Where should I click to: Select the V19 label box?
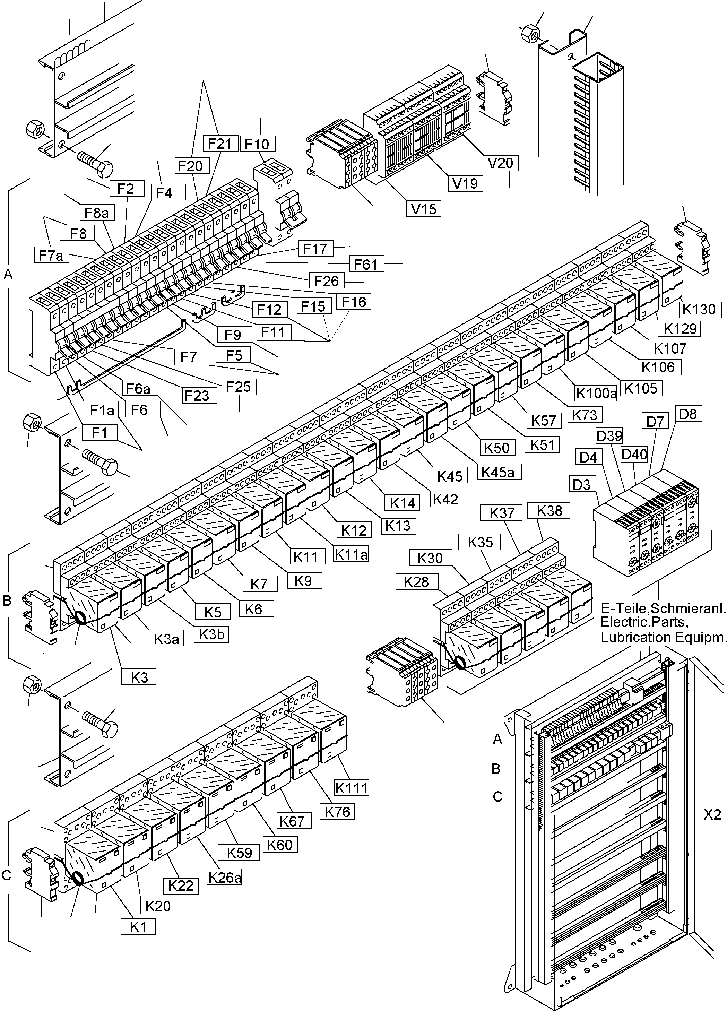pyautogui.click(x=465, y=183)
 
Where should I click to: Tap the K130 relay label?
pyautogui.click(x=699, y=309)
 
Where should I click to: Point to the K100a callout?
pyautogui.click(x=596, y=393)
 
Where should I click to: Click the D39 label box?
pyautogui.click(x=609, y=435)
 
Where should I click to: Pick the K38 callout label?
pyautogui.click(x=549, y=510)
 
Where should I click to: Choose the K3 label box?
pyautogui.click(x=139, y=677)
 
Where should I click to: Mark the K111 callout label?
pyautogui.click(x=352, y=788)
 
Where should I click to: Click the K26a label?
pyautogui.click(x=225, y=877)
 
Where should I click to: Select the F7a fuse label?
pyautogui.click(x=51, y=256)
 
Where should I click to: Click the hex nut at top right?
pyautogui.click(x=529, y=33)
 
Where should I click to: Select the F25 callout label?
pyautogui.click(x=239, y=387)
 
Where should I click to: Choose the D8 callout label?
pyautogui.click(x=688, y=414)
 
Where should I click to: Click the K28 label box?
pyautogui.click(x=416, y=582)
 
